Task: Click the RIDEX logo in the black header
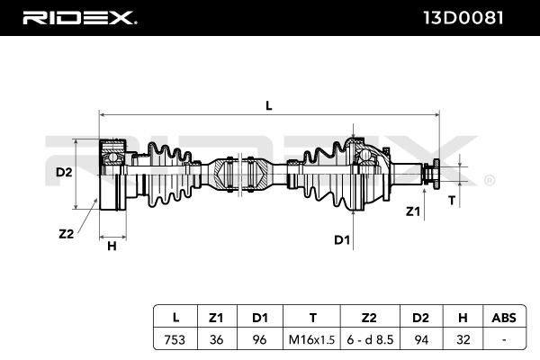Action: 79,18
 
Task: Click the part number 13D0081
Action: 463,18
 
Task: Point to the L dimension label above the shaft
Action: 269,106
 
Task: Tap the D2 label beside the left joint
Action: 64,172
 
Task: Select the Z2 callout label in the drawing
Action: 66,234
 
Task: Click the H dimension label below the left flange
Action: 112,246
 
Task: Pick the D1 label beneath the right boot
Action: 342,239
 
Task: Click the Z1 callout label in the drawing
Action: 412,211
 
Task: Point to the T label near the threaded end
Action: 452,200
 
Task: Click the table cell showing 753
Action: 175,339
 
